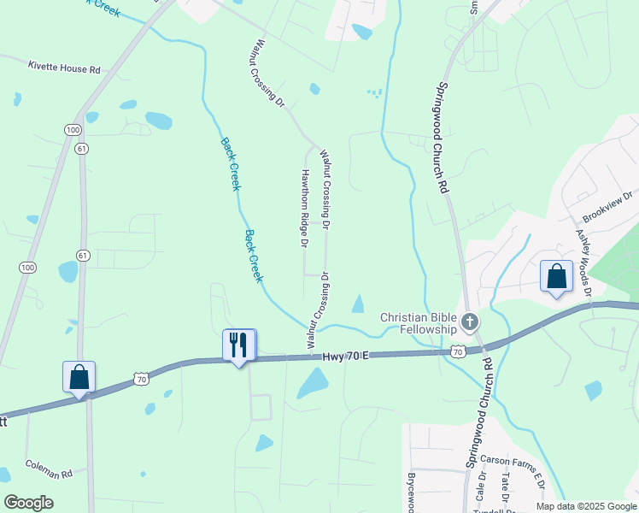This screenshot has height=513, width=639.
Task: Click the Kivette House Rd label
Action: coord(64,68)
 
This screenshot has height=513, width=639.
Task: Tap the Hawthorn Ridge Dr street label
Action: coord(303,208)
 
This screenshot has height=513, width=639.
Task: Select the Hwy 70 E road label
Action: coord(345,356)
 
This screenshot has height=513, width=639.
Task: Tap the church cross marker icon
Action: coord(469,322)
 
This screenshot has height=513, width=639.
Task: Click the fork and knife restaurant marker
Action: coord(238,345)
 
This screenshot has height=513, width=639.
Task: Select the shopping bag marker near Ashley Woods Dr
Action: coord(556,277)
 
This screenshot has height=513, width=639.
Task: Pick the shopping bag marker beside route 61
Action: coord(79,377)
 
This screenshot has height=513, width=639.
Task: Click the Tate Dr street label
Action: coord(506,487)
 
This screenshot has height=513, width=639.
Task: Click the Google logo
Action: coord(28,502)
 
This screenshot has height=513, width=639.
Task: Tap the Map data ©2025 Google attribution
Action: coord(585,506)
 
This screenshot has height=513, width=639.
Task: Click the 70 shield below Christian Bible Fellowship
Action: coord(458,351)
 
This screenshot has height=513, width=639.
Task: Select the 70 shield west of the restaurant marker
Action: coord(142,377)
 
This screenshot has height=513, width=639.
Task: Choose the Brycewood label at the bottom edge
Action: coord(411,492)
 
